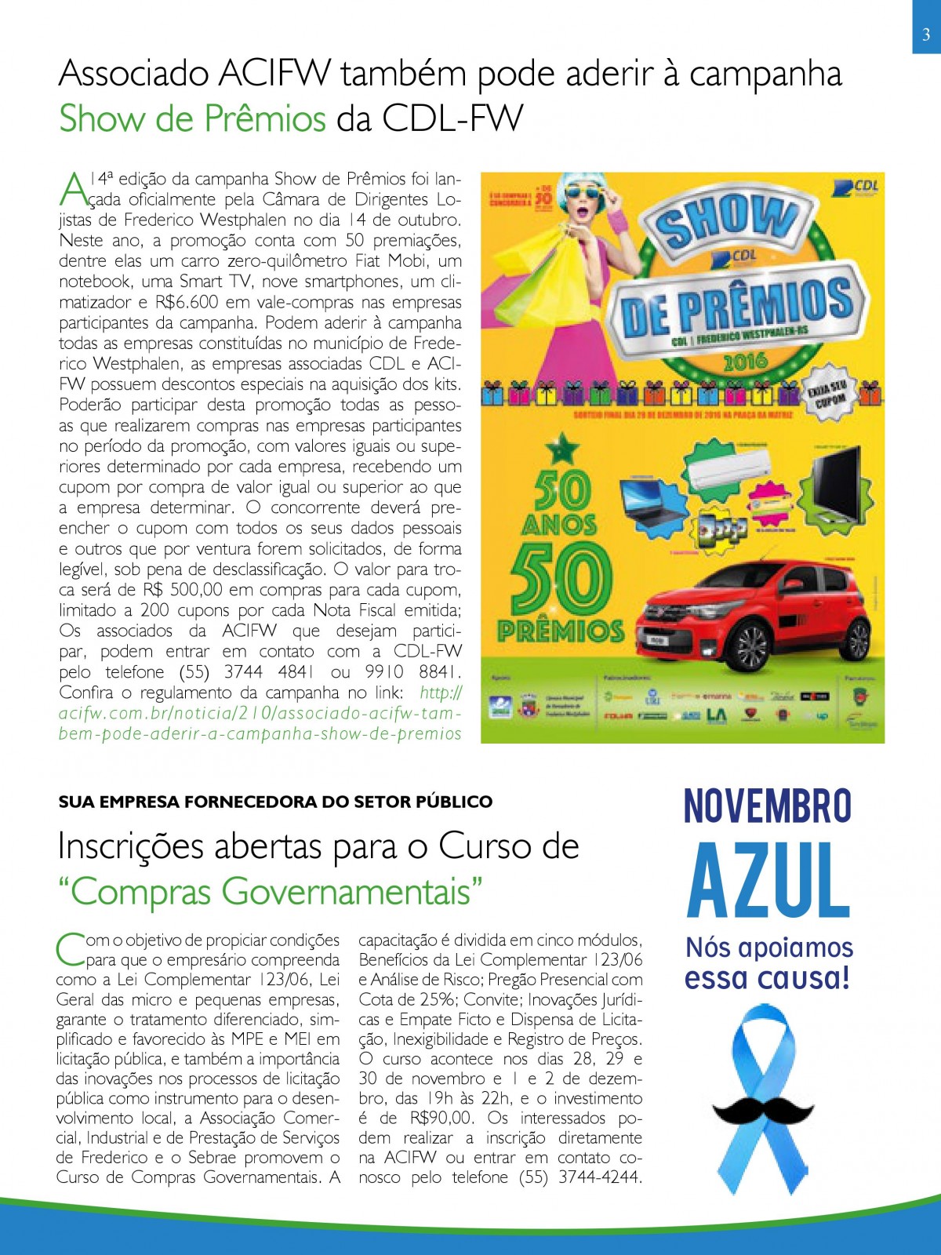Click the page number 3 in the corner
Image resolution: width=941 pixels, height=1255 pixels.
926,35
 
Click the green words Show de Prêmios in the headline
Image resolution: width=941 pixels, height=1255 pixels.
192,119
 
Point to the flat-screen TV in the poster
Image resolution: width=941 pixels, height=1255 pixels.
837,481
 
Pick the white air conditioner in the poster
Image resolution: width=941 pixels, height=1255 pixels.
727,469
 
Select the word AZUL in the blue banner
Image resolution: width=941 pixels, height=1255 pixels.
768,880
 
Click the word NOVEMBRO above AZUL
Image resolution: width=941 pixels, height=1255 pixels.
768,806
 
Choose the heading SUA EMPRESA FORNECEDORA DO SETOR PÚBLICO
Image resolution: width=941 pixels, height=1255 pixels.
275,802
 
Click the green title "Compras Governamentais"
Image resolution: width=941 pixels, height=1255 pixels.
271,892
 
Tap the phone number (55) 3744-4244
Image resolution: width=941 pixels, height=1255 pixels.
580,1177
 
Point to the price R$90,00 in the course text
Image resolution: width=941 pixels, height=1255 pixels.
441,1118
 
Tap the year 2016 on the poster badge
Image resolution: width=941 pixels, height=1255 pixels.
744,362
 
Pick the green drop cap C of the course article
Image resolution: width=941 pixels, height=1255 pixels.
70,948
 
